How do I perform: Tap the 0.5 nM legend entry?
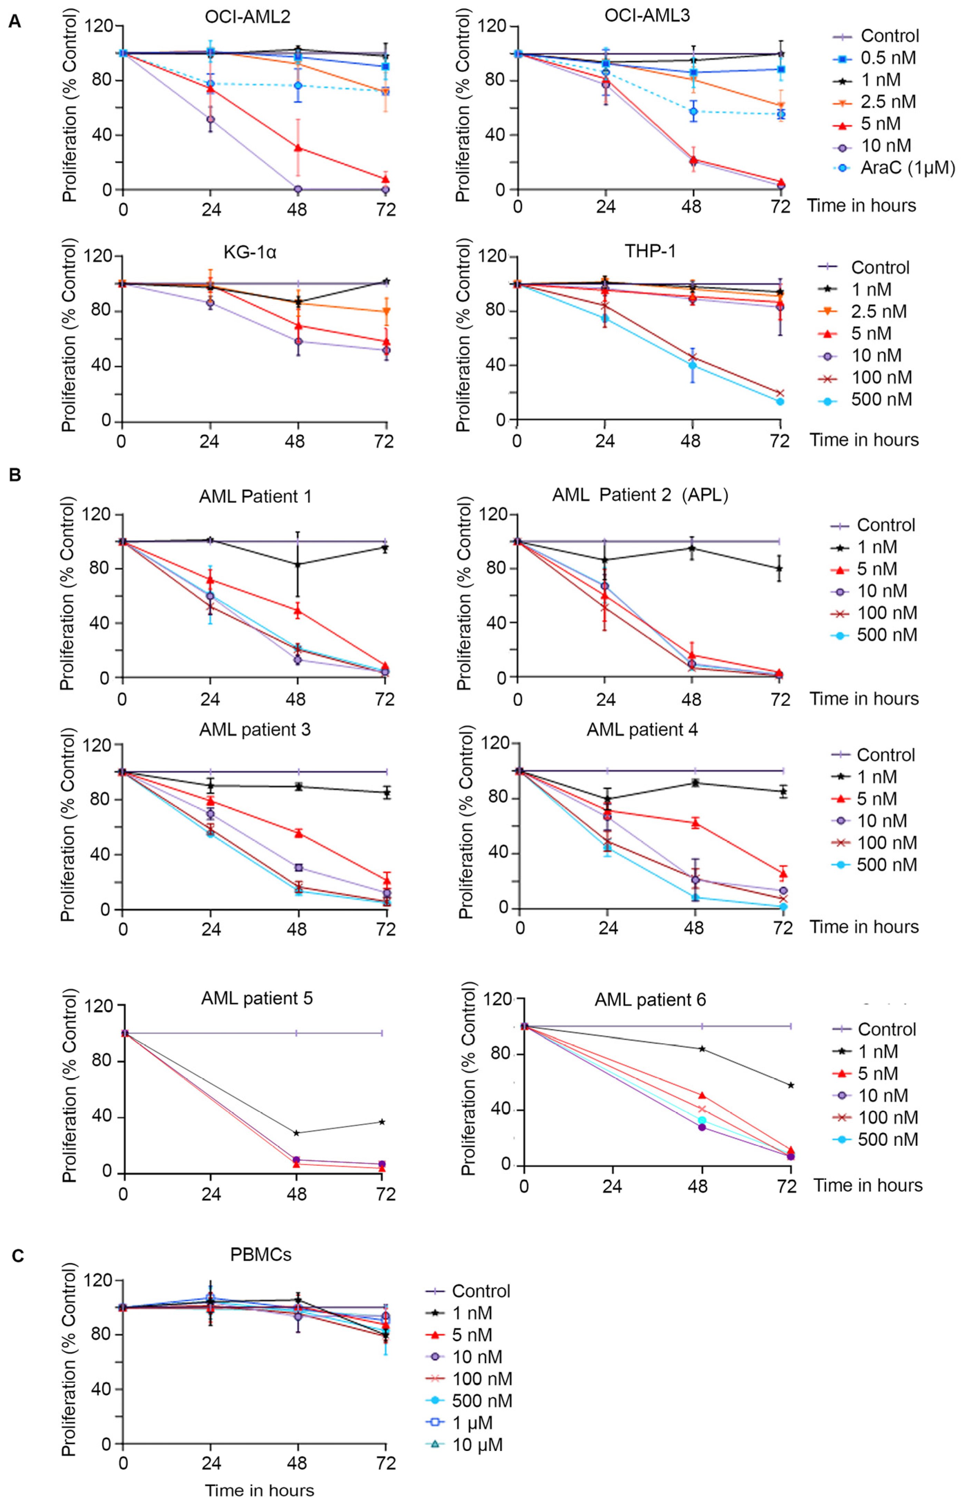point(888,58)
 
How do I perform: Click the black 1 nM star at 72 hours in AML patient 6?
point(791,1085)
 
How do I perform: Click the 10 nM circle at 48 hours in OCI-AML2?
point(298,189)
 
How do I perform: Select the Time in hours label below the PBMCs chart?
point(260,1491)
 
